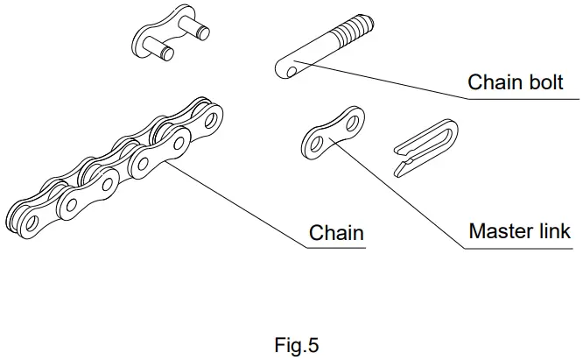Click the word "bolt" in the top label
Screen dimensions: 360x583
click(x=539, y=83)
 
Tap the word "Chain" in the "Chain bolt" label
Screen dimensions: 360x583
click(x=493, y=83)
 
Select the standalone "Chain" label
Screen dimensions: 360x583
click(x=336, y=234)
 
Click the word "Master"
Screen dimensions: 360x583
click(x=499, y=232)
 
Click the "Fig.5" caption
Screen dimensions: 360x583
click(x=297, y=345)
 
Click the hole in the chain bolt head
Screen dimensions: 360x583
click(x=286, y=68)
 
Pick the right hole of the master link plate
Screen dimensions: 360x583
click(x=354, y=117)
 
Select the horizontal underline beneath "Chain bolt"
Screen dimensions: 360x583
click(x=517, y=98)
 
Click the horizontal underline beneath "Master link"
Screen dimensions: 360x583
click(x=517, y=247)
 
